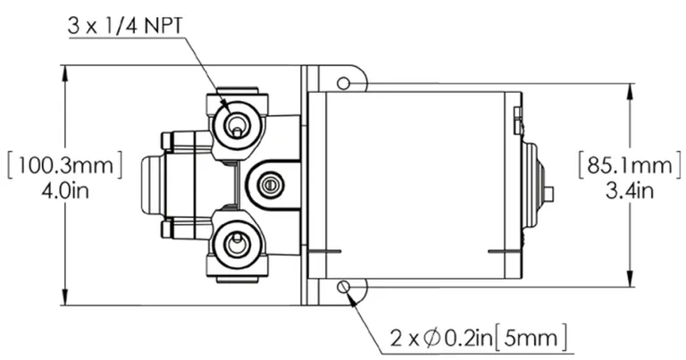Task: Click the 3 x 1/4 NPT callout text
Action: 125,26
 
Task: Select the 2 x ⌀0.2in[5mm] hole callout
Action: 480,338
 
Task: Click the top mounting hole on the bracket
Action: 344,83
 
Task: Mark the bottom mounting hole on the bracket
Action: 344,287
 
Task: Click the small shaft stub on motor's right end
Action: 548,193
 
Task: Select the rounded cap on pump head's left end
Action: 151,184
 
